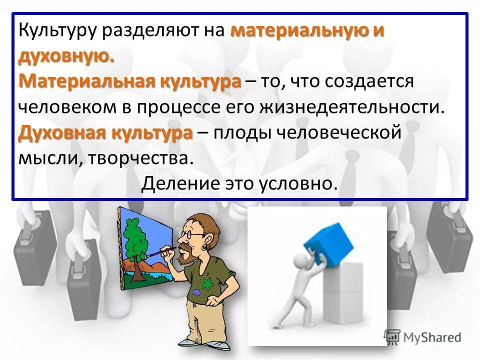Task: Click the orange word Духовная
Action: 61,133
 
